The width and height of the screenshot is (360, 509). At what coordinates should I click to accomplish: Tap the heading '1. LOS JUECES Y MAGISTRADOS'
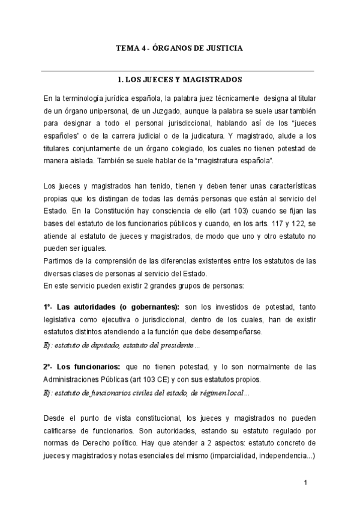coord(179,79)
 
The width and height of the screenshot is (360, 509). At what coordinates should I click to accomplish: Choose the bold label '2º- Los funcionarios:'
coord(81,366)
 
